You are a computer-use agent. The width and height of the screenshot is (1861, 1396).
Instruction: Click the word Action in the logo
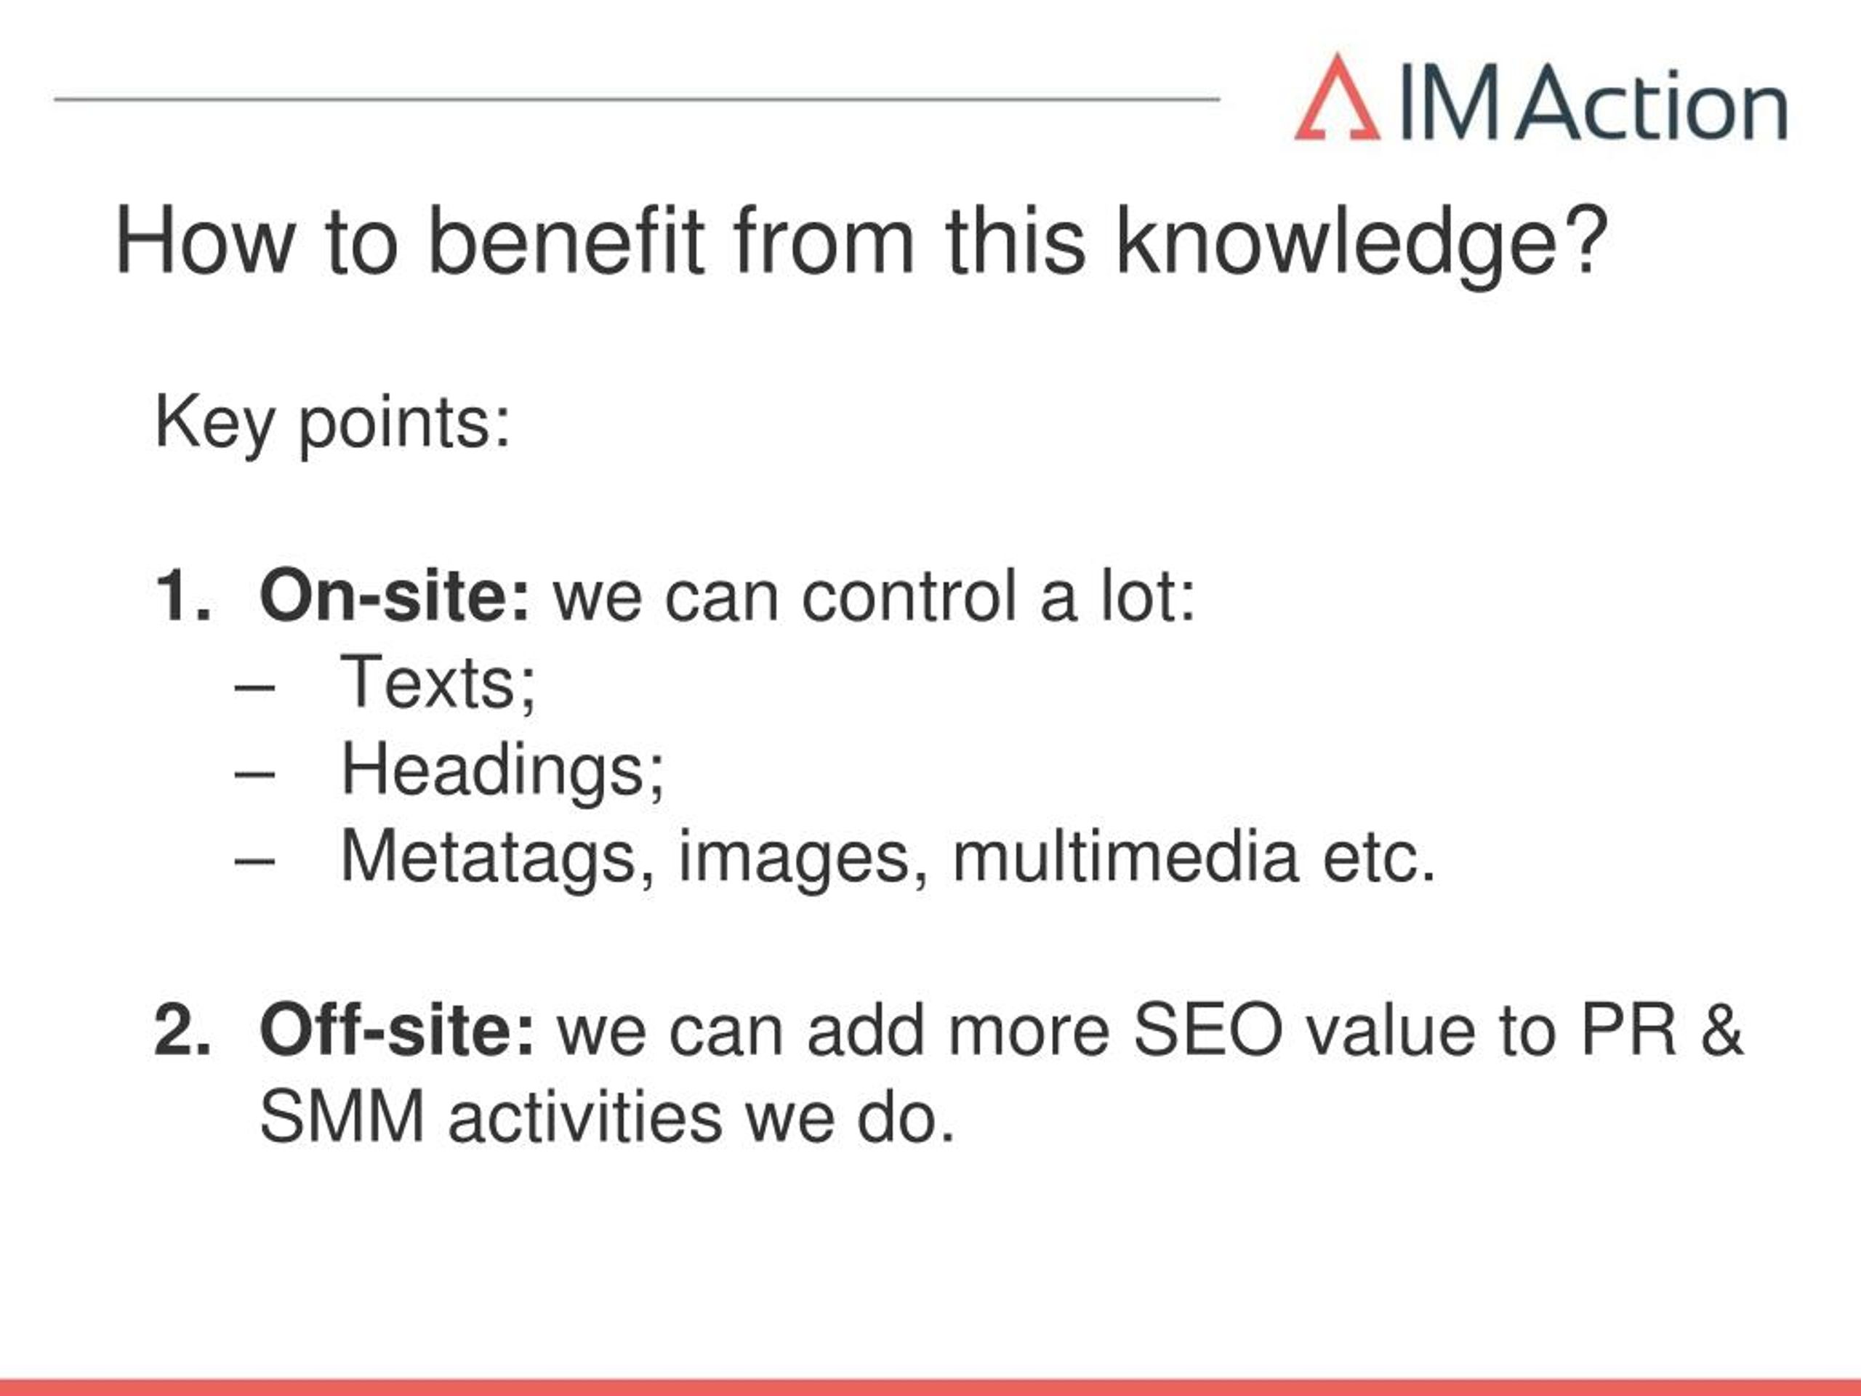[x=1652, y=103]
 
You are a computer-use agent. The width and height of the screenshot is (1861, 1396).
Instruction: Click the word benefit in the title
[x=566, y=241]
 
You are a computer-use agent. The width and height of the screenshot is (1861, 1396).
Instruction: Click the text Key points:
[x=332, y=424]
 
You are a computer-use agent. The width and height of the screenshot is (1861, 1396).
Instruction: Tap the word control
[x=909, y=595]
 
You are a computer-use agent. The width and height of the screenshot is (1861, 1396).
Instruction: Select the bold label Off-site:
[x=397, y=1030]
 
